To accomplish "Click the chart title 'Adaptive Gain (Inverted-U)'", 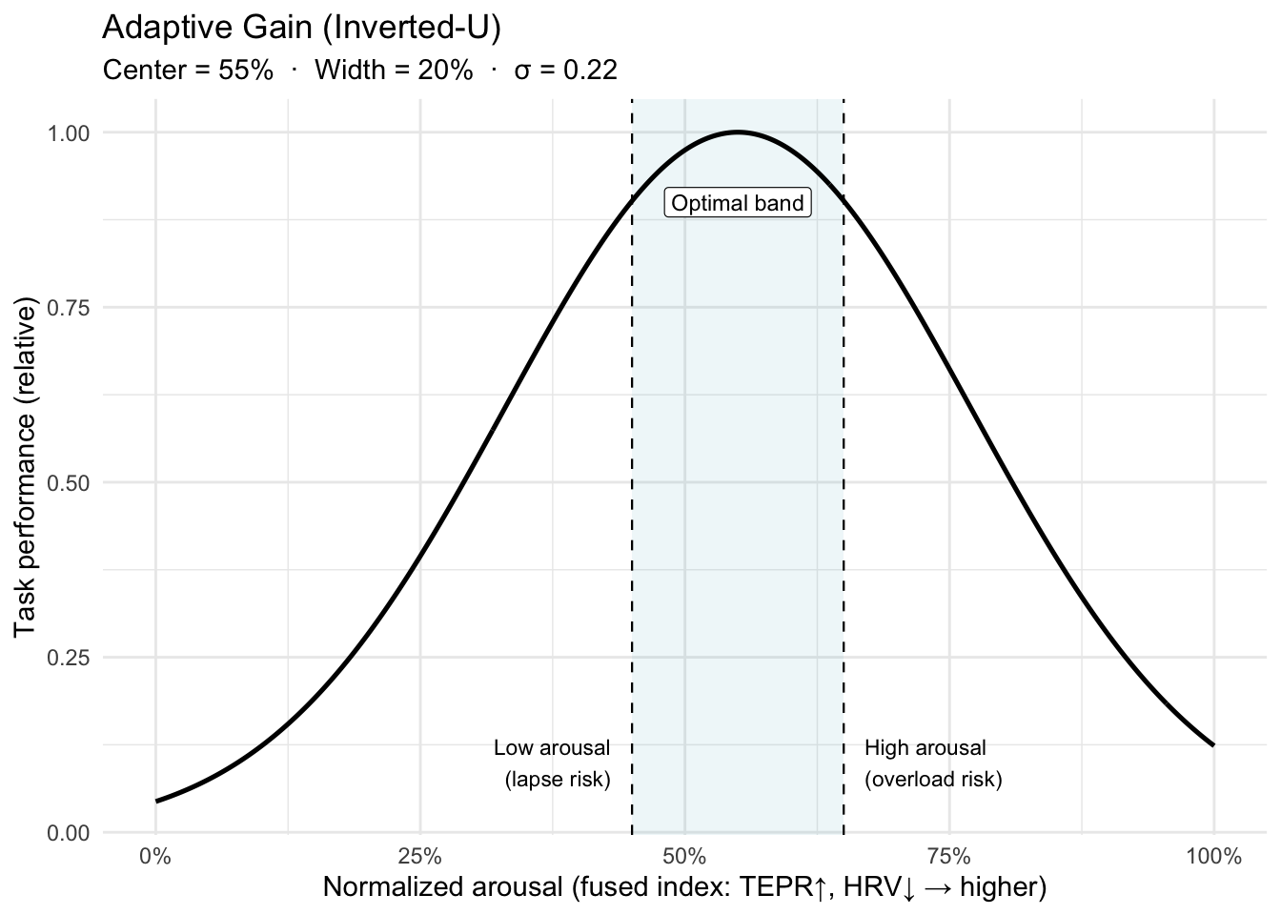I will pos(301,29).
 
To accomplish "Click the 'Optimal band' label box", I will pos(738,203).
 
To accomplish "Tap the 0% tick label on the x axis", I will pos(155,856).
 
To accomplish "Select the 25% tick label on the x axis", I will pos(419,856).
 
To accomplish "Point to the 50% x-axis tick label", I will pos(684,856).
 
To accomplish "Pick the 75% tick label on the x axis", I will pos(948,856).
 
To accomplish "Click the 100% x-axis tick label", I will pos(1213,856).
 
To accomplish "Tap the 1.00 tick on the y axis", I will pos(69,132).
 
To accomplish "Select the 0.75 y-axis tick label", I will pos(69,308).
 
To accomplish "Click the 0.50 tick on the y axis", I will pos(69,482).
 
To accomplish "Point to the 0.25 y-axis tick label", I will pos(69,658).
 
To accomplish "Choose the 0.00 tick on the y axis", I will pos(69,833).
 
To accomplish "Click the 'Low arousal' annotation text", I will pos(552,748).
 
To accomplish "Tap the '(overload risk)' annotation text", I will pos(933,780).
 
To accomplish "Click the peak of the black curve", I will pos(738,132).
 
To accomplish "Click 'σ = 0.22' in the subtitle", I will pos(565,71).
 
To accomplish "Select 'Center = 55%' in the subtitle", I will pos(188,71).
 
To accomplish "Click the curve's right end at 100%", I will pos(1212,744).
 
